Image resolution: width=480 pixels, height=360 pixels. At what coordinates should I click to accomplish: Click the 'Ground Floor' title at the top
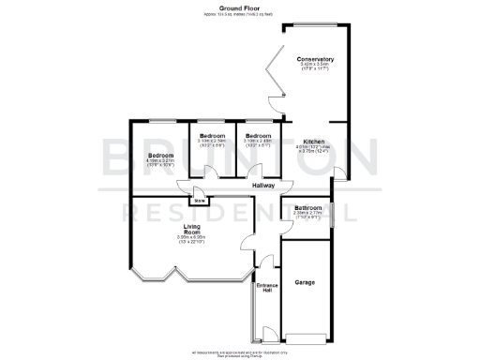click(x=240, y=7)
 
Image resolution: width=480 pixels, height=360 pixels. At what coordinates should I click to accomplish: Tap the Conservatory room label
click(x=316, y=58)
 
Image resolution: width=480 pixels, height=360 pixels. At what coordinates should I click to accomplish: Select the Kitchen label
click(x=314, y=140)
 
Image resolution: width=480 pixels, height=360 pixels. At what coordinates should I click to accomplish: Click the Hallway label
click(x=263, y=186)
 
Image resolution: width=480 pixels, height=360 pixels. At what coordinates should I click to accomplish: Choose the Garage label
click(x=305, y=281)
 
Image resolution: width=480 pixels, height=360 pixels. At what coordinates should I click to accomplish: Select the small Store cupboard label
click(x=199, y=200)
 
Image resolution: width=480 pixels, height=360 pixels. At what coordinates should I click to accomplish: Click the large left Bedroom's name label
click(x=160, y=155)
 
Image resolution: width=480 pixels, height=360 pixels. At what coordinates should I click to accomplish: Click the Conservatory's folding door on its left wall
click(x=273, y=80)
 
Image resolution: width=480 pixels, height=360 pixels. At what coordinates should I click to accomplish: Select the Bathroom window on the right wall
click(x=332, y=215)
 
